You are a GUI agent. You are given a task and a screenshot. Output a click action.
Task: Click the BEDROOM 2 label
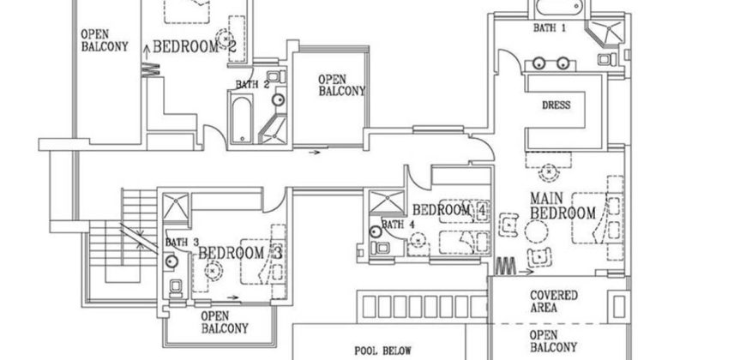[195, 47]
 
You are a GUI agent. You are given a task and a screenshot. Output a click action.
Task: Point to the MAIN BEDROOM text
[563, 207]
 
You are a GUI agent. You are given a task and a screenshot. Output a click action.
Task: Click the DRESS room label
[556, 105]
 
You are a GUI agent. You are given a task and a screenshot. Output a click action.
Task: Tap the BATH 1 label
[550, 28]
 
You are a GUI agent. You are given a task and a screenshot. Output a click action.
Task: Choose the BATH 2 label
[254, 85]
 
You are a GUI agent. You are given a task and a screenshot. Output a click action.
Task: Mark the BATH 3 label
[182, 243]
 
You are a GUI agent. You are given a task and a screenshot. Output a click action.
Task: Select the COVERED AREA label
[554, 301]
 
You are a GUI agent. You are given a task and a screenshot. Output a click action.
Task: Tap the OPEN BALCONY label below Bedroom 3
[225, 321]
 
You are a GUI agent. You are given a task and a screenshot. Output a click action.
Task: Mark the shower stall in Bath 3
[176, 207]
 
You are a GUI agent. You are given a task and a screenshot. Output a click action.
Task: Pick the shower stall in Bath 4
[381, 204]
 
